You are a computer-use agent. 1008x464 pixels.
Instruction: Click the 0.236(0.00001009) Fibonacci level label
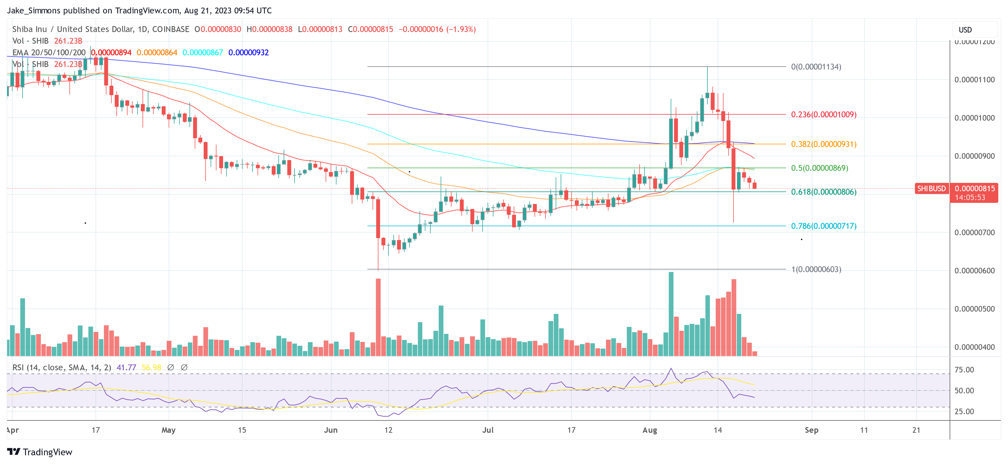tap(823, 115)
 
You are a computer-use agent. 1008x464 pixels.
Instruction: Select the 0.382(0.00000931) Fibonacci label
tap(823, 144)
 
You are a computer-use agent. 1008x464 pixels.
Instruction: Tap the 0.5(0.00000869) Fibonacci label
tap(819, 168)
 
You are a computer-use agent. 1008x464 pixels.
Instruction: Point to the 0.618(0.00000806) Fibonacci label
tap(823, 192)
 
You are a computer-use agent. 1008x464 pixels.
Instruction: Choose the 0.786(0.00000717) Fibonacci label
tap(823, 226)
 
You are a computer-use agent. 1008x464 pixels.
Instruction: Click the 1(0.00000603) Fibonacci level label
tap(816, 269)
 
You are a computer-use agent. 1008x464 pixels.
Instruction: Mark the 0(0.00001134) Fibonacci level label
tap(816, 67)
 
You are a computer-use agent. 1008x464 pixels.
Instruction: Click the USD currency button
tap(965, 30)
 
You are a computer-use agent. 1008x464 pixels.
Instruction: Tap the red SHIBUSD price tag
tap(931, 188)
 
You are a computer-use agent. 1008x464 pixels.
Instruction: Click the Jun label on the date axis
tap(331, 430)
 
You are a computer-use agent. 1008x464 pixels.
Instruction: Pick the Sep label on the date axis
tap(811, 430)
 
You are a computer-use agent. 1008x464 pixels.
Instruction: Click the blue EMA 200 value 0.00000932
tap(248, 52)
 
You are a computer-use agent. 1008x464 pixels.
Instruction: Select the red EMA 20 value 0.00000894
tap(111, 52)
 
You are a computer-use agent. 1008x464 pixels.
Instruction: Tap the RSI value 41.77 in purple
tap(126, 367)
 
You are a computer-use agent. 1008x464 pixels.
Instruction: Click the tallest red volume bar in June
tap(378, 317)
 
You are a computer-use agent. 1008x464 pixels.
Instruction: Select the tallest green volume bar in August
tap(671, 314)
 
